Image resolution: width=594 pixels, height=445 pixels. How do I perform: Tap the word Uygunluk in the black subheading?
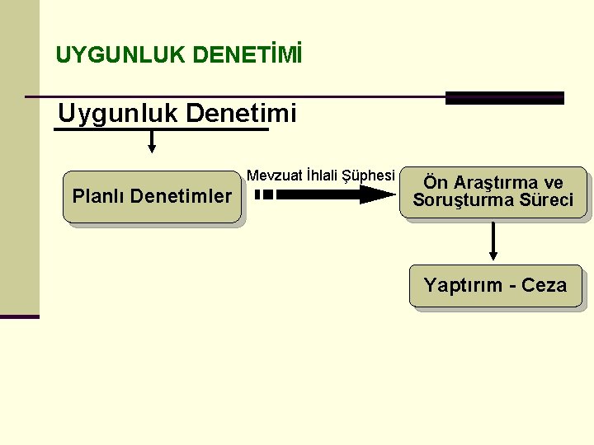click(x=117, y=114)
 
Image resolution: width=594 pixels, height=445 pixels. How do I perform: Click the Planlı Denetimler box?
click(x=152, y=197)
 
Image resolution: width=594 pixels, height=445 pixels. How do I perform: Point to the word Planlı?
click(x=98, y=197)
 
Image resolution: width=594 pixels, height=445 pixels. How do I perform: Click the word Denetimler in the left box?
click(x=181, y=197)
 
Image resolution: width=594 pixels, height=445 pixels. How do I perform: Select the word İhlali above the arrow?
click(x=325, y=176)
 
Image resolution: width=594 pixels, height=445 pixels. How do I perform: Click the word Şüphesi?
click(x=371, y=176)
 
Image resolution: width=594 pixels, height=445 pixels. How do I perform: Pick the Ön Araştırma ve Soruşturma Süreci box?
click(x=493, y=192)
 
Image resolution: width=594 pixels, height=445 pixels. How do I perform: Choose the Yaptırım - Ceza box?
click(x=495, y=286)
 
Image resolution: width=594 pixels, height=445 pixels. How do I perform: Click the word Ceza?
click(x=544, y=286)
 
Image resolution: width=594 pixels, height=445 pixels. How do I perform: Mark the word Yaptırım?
click(x=463, y=286)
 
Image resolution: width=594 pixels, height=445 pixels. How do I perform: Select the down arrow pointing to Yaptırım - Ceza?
click(x=493, y=242)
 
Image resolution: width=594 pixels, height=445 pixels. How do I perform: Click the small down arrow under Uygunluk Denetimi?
click(x=152, y=142)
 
